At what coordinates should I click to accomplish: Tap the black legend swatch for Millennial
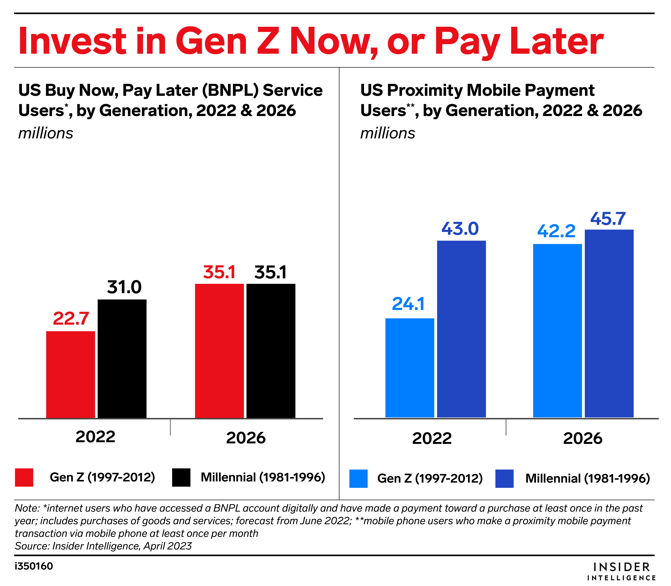[181, 477]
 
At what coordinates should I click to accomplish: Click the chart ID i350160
[34, 566]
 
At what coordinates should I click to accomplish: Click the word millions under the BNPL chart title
[46, 133]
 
